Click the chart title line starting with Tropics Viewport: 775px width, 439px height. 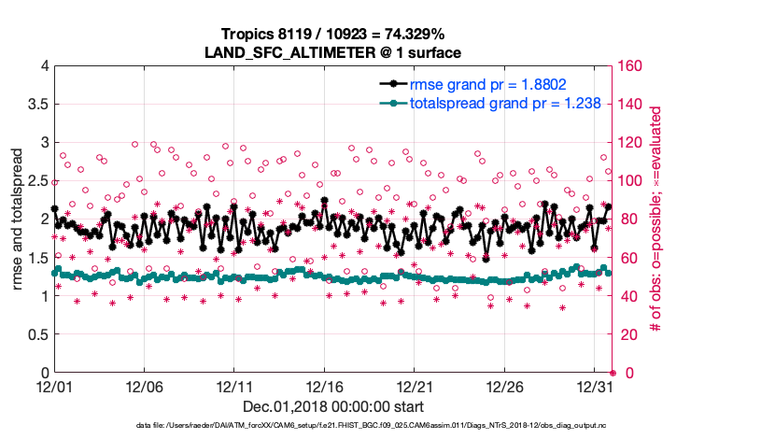pyautogui.click(x=333, y=34)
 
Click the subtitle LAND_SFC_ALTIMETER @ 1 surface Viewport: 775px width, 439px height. pyautogui.click(x=333, y=51)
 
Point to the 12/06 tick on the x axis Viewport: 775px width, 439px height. pyautogui.click(x=144, y=387)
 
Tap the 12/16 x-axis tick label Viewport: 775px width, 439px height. pyautogui.click(x=324, y=387)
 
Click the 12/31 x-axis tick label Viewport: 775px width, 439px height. pyautogui.click(x=594, y=387)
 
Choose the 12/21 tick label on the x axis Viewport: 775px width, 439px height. pyautogui.click(x=414, y=387)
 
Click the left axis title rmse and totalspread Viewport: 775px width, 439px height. pyautogui.click(x=18, y=220)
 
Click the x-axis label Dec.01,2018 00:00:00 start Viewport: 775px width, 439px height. pyautogui.click(x=333, y=406)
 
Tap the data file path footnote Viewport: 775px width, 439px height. pyautogui.click(x=371, y=425)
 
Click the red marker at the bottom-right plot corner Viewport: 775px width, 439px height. pyautogui.click(x=613, y=373)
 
